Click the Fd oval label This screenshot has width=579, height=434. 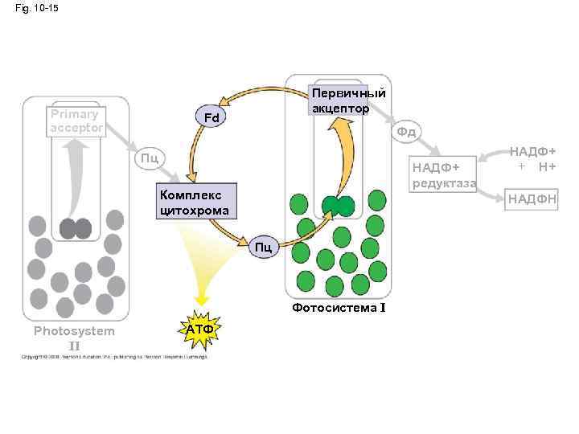click(x=211, y=119)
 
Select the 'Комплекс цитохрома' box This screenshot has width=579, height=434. click(x=197, y=201)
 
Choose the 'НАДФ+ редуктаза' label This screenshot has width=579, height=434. click(x=443, y=175)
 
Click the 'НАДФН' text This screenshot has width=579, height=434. click(x=531, y=199)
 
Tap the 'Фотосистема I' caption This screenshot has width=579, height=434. click(x=339, y=308)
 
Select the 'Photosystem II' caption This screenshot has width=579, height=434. click(x=74, y=338)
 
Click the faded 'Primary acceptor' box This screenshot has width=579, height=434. click(x=76, y=122)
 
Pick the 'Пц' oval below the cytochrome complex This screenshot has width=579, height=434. click(x=265, y=247)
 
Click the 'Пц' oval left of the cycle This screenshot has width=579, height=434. click(x=150, y=157)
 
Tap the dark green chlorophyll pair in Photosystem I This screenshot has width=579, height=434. click(x=338, y=207)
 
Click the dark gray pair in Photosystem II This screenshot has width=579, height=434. click(x=76, y=229)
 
